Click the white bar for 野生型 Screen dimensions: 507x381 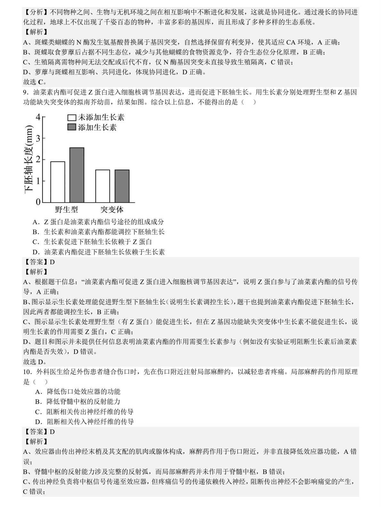58,182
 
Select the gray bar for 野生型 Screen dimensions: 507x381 77,175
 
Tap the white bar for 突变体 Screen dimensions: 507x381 102,186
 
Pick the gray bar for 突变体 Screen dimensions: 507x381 122,186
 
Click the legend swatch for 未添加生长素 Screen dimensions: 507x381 72,118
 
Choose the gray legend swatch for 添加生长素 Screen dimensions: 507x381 72,127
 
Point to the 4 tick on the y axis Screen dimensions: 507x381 38,117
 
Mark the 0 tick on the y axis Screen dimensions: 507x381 38,202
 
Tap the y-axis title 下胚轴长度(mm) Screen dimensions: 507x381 29,159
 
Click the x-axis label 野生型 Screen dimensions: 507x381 67,210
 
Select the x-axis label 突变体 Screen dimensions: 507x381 112,210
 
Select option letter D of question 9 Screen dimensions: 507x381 35,252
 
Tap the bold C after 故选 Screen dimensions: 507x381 40,82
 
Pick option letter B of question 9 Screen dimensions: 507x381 35,232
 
